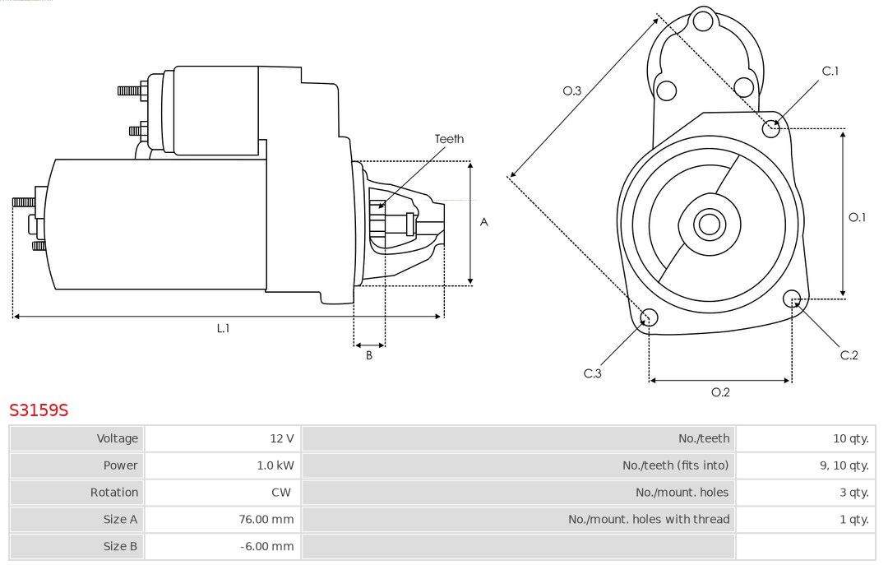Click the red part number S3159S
click(38, 410)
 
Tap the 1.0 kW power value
click(275, 465)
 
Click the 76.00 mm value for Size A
click(266, 519)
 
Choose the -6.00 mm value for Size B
click(268, 546)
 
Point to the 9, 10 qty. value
click(844, 465)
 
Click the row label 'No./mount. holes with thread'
click(648, 519)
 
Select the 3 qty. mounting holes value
click(853, 493)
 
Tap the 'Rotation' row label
click(113, 493)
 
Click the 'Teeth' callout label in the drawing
click(449, 139)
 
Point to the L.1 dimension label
click(223, 328)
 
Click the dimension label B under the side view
click(369, 356)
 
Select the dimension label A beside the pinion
click(484, 222)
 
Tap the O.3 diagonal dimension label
click(572, 90)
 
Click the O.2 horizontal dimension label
click(720, 392)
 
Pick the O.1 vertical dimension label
click(857, 218)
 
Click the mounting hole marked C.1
click(771, 127)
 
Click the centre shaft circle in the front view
click(708, 224)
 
